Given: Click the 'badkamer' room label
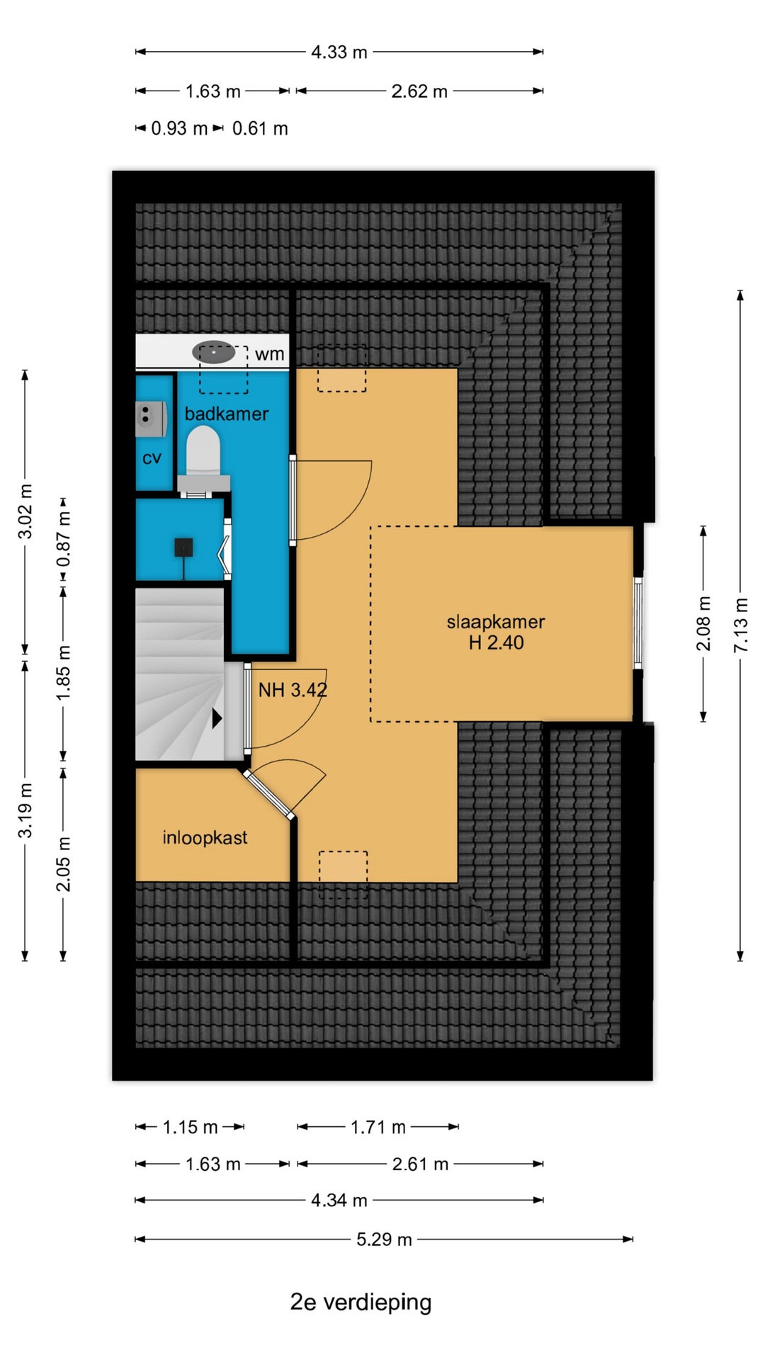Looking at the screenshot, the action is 227,414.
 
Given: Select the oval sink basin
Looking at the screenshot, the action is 214,352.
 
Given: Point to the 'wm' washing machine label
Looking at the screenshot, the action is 270,354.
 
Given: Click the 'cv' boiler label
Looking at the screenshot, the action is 152,458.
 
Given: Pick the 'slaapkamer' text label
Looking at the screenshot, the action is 496,622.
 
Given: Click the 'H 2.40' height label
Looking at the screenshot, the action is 497,642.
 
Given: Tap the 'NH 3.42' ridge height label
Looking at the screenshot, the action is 293,690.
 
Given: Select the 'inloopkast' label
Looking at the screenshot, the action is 205,838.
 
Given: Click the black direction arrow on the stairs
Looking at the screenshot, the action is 217,718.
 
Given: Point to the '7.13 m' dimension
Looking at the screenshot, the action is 740,625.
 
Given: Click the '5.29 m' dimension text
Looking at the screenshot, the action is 384,1239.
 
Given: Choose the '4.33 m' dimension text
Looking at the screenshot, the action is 339,52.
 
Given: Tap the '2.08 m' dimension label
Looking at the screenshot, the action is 703,623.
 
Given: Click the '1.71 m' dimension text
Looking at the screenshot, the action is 378,1127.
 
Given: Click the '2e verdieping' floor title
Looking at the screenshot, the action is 361,1302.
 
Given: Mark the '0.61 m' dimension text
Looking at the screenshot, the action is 260,129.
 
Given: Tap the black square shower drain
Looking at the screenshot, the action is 183,548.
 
